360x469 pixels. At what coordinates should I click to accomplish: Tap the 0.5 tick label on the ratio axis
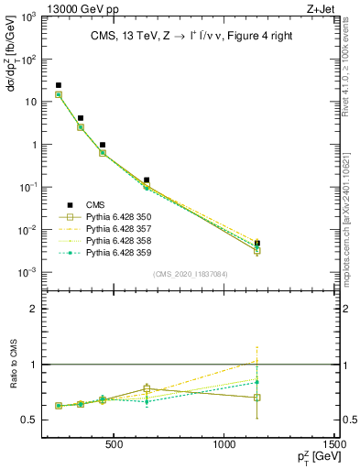29,420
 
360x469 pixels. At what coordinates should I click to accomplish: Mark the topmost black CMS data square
59,85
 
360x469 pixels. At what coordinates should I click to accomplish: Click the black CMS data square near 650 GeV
147,180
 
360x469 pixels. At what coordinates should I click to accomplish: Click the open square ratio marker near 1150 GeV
257,398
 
